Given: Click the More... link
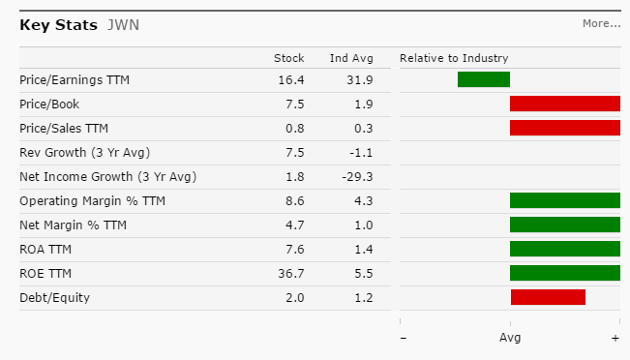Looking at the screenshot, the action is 602,23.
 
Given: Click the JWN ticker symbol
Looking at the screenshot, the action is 123,25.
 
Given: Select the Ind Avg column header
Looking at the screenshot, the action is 351,58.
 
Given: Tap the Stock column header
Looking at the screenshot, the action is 289,58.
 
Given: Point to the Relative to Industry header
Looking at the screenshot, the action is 454,58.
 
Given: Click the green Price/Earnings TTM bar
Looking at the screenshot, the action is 484,79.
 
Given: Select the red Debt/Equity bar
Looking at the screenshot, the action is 548,297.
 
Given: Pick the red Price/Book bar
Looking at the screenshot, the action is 565,104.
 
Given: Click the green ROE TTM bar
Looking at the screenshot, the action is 565,273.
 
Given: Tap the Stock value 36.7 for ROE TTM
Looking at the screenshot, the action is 291,274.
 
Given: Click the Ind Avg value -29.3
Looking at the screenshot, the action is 358,177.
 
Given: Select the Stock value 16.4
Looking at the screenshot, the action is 291,80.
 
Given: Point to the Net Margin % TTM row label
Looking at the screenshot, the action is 74,225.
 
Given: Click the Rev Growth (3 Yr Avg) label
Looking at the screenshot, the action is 85,153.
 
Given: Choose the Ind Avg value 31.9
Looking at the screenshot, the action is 360,80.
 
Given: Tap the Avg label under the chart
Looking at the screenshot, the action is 510,338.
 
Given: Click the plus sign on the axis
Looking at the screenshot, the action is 615,339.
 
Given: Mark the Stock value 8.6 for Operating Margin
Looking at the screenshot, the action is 295,201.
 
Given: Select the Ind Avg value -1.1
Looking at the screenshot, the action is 360,153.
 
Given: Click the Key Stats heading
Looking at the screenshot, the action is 59,25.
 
